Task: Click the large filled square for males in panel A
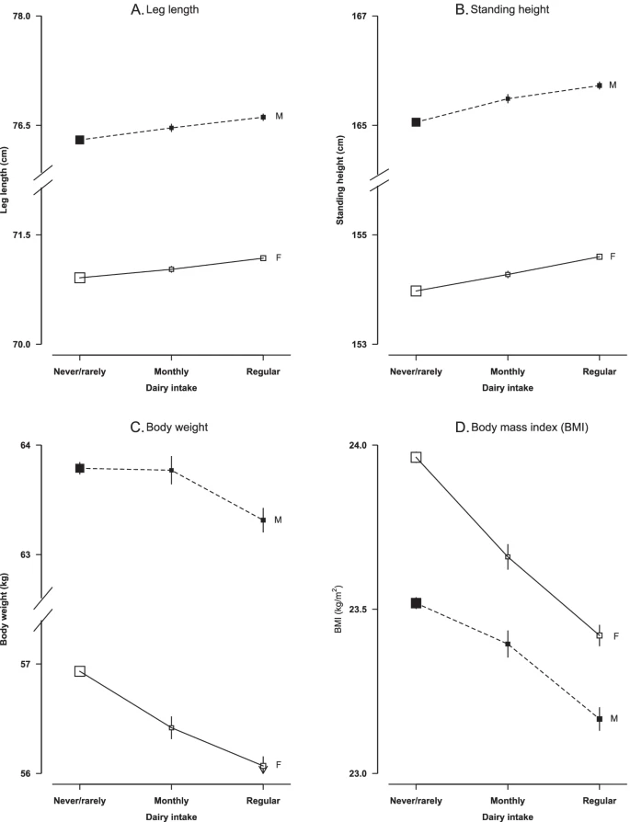point(80,140)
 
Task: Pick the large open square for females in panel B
point(416,291)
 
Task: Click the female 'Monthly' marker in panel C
point(171,728)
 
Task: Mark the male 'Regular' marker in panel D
point(600,719)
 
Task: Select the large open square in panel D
point(416,457)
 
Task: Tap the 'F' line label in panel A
point(278,257)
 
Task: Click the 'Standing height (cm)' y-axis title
point(341,179)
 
